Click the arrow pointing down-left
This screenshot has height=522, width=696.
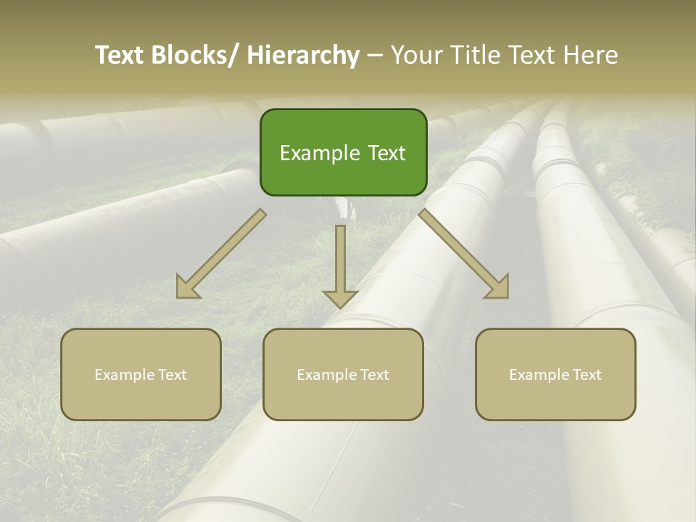click(x=221, y=254)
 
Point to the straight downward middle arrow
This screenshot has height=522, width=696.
click(x=340, y=265)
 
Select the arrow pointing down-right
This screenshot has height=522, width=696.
click(x=464, y=254)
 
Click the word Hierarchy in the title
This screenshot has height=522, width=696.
click(x=303, y=55)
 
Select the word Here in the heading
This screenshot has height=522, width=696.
click(x=592, y=55)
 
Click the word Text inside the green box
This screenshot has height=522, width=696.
click(x=386, y=153)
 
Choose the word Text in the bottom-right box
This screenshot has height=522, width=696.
click(x=587, y=375)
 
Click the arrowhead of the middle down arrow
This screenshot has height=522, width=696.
click(x=340, y=298)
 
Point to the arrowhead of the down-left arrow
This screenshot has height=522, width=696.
click(x=187, y=288)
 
